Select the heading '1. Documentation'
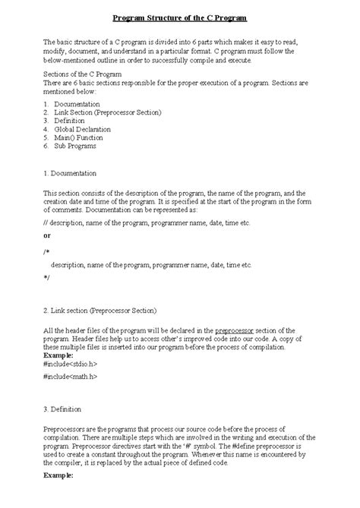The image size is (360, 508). click(71, 173)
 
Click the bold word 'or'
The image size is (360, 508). click(47, 236)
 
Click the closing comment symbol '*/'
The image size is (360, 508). click(47, 279)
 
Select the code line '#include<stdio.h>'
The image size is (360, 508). click(71, 364)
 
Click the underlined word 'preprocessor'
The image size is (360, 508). click(240, 331)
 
